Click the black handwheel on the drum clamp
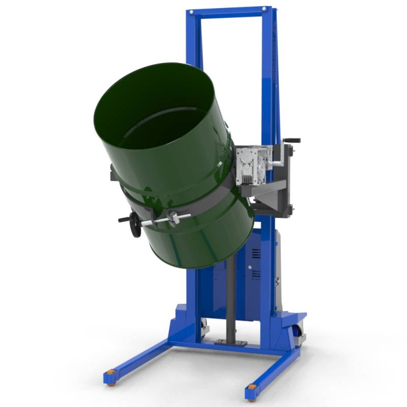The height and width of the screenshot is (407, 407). [x=135, y=224]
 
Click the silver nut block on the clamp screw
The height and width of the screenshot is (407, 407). [x=173, y=218]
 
